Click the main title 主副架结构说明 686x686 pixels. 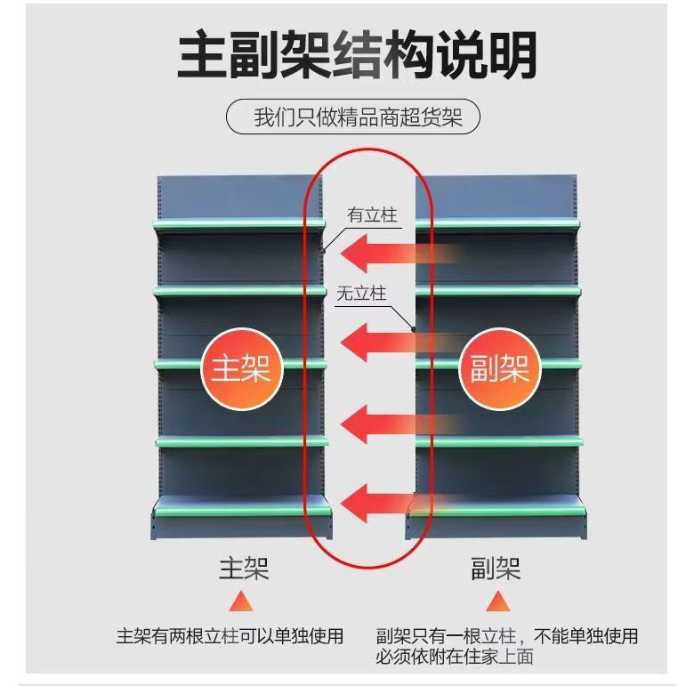357,55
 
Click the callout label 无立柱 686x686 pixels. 361,294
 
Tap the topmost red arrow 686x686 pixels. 391,254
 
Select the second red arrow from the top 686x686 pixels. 391,340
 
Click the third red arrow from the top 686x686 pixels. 391,423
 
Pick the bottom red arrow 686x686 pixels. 391,500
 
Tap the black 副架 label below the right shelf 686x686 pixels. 496,569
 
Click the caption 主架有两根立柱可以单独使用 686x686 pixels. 230,636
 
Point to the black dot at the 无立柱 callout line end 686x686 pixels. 414,328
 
